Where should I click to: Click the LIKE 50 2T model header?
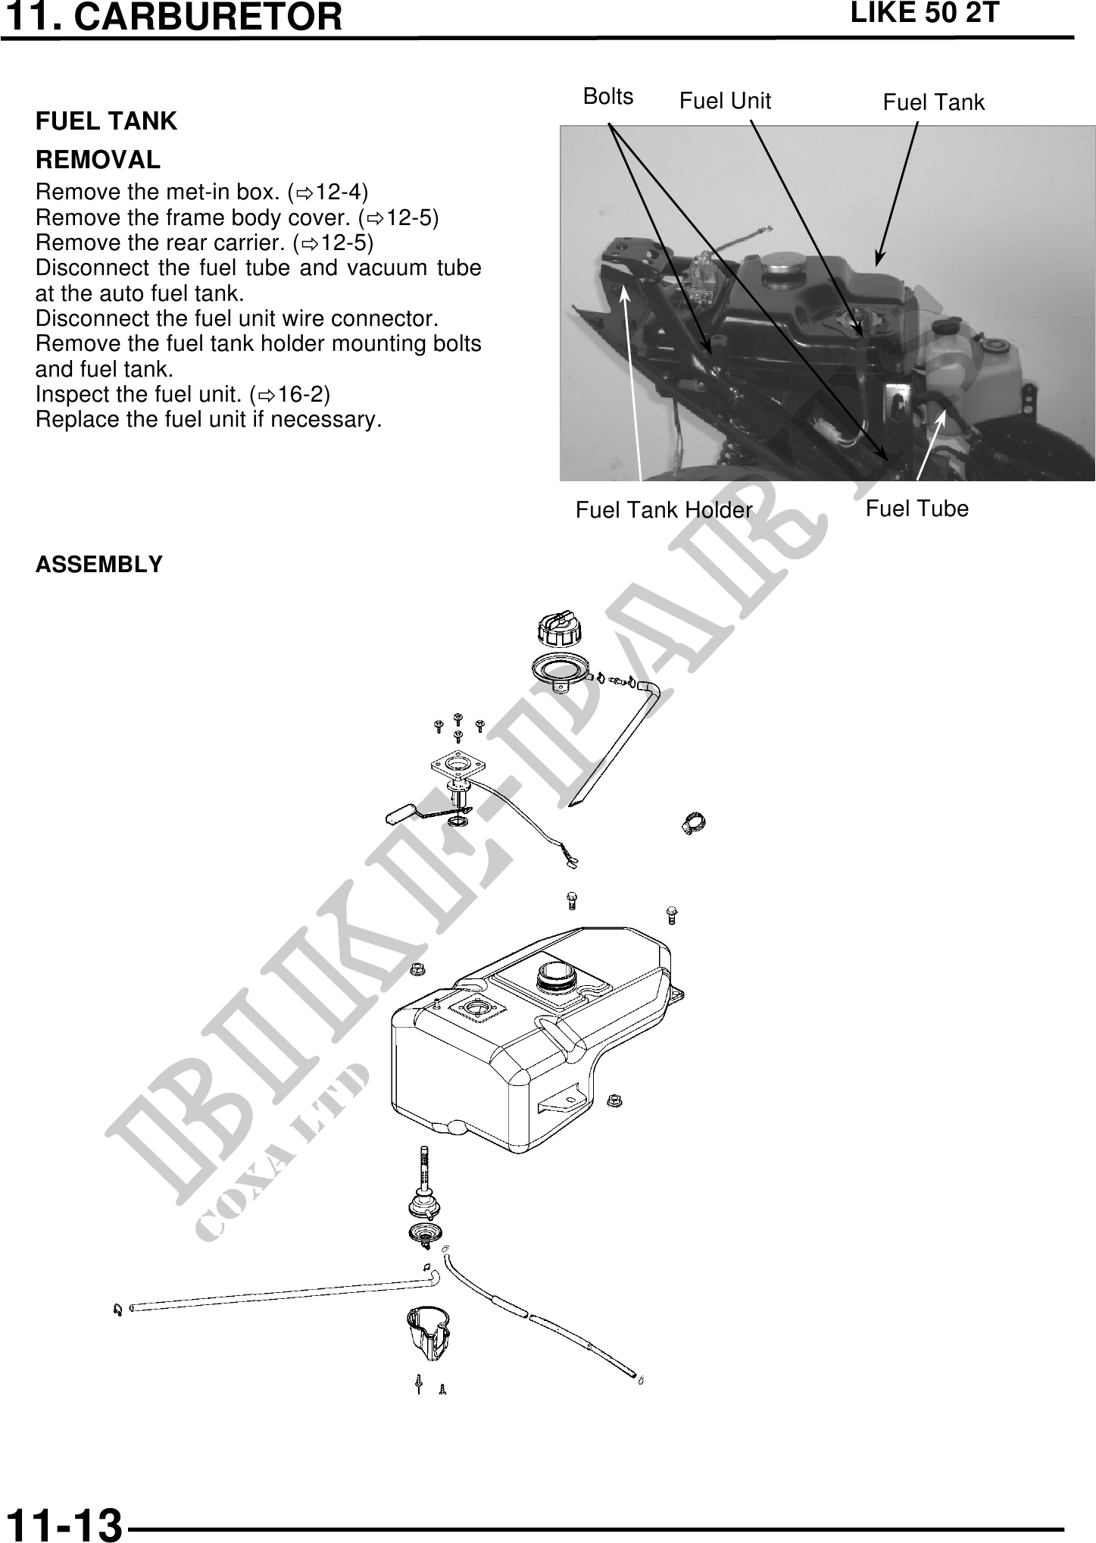[x=925, y=13]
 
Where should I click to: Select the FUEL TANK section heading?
[x=106, y=120]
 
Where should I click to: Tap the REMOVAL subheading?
[x=98, y=160]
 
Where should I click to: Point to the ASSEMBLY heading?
[x=99, y=565]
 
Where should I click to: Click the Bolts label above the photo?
[x=608, y=96]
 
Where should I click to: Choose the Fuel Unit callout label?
[x=725, y=101]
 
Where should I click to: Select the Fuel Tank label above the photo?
[x=934, y=102]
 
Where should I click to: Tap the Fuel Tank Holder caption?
[x=664, y=510]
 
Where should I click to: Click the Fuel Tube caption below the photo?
[x=916, y=508]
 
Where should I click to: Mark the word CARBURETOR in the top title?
[x=209, y=17]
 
